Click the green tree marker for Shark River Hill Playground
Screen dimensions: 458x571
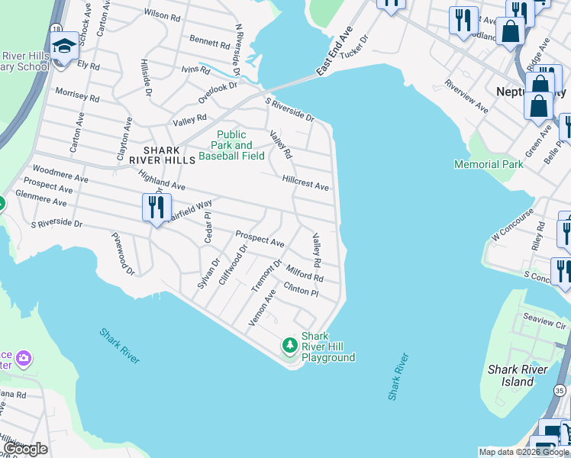coord(289,346)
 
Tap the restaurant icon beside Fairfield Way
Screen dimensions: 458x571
coord(156,207)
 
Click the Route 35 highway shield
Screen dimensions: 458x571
coord(562,390)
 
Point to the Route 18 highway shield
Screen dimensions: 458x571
coord(55,27)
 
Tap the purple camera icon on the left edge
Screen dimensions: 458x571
coord(24,357)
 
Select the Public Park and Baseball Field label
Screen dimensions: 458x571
coord(232,145)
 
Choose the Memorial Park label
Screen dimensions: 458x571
coord(489,164)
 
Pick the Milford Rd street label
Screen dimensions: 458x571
coord(305,273)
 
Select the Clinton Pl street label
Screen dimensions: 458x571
coord(300,290)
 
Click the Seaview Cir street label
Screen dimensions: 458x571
coord(545,320)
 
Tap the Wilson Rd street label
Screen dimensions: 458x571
coord(161,15)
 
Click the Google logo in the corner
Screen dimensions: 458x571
coord(24,449)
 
